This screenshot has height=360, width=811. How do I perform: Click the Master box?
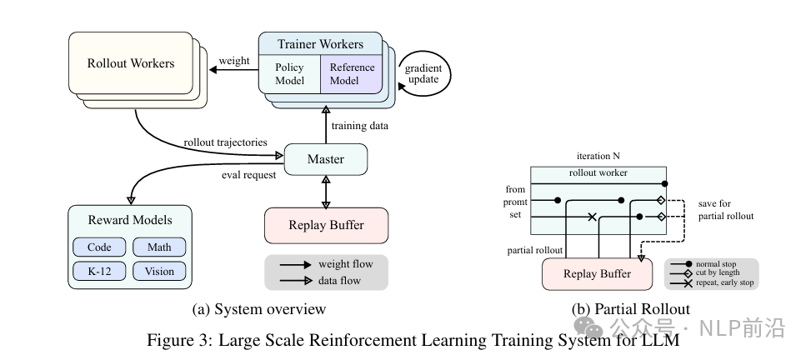pyautogui.click(x=326, y=159)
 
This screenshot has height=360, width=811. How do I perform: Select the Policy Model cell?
pyautogui.click(x=290, y=74)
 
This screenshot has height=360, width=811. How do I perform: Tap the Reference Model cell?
pyautogui.click(x=352, y=74)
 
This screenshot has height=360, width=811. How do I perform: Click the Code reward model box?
pyautogui.click(x=99, y=247)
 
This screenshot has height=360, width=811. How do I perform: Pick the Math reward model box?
pyautogui.click(x=159, y=247)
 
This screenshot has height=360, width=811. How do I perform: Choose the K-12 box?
pyautogui.click(x=99, y=271)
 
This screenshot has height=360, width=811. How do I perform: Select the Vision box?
pyautogui.click(x=159, y=271)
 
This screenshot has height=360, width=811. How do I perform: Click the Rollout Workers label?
pyautogui.click(x=131, y=63)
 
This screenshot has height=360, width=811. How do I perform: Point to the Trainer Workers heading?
pyautogui.click(x=321, y=44)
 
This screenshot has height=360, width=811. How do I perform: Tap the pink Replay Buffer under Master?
pyautogui.click(x=327, y=226)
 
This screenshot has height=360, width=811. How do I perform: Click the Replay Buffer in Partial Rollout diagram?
pyautogui.click(x=598, y=273)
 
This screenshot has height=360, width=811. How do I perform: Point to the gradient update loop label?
pyautogui.click(x=423, y=74)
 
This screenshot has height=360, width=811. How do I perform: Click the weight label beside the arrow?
pyautogui.click(x=234, y=61)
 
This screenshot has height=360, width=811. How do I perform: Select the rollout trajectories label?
pyautogui.click(x=226, y=142)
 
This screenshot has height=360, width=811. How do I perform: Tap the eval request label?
pyautogui.click(x=248, y=175)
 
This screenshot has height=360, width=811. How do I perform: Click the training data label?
pyautogui.click(x=359, y=125)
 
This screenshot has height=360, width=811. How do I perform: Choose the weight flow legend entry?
pyautogui.click(x=327, y=264)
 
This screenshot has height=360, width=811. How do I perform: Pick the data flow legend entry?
pyautogui.click(x=321, y=281)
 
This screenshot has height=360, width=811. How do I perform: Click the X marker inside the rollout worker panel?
pyautogui.click(x=593, y=217)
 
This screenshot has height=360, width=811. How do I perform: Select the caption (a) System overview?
pyautogui.click(x=259, y=309)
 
